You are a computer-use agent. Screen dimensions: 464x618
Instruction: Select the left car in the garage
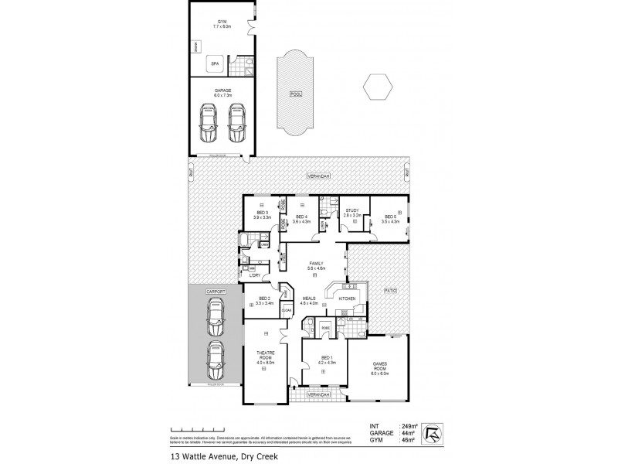tap(207, 123)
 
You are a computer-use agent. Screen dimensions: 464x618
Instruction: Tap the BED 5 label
tap(392, 219)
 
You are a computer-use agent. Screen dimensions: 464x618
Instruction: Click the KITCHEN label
tap(347, 298)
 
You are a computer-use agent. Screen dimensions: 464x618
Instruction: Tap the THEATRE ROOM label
tap(267, 355)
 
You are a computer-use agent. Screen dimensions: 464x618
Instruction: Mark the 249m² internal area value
tap(408, 426)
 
